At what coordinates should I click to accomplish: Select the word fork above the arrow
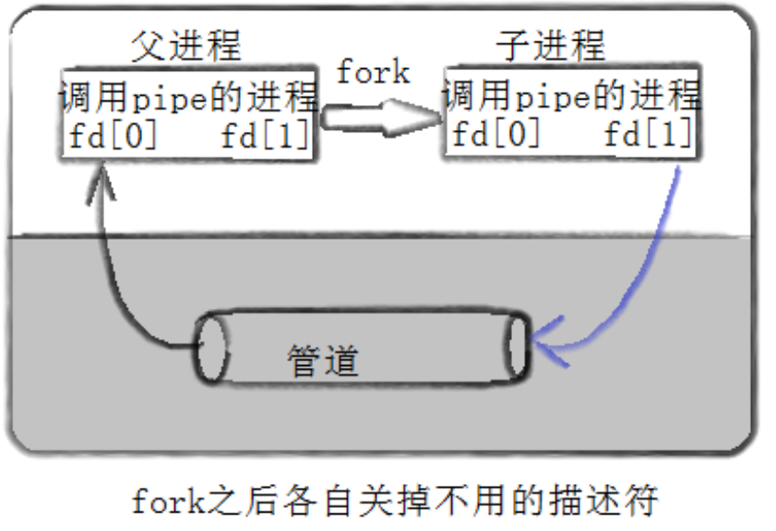coord(373,72)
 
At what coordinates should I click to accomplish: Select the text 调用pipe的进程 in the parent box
coord(188,97)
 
